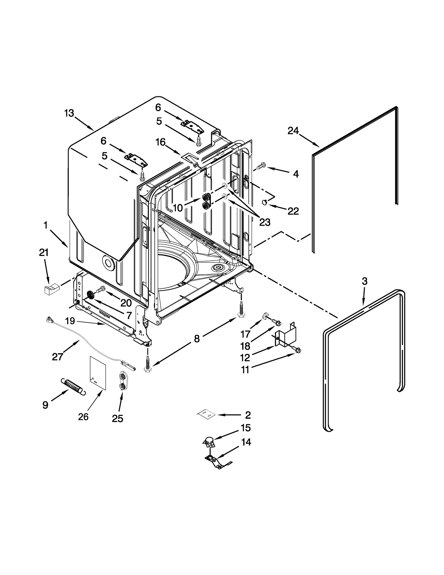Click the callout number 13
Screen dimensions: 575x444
point(69,113)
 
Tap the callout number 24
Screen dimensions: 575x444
point(293,130)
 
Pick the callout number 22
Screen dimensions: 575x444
point(293,211)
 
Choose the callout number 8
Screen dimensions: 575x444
point(196,338)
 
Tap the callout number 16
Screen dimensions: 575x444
point(160,142)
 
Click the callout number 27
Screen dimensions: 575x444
point(57,357)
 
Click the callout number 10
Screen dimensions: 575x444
point(178,208)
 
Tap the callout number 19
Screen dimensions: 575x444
point(70,321)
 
